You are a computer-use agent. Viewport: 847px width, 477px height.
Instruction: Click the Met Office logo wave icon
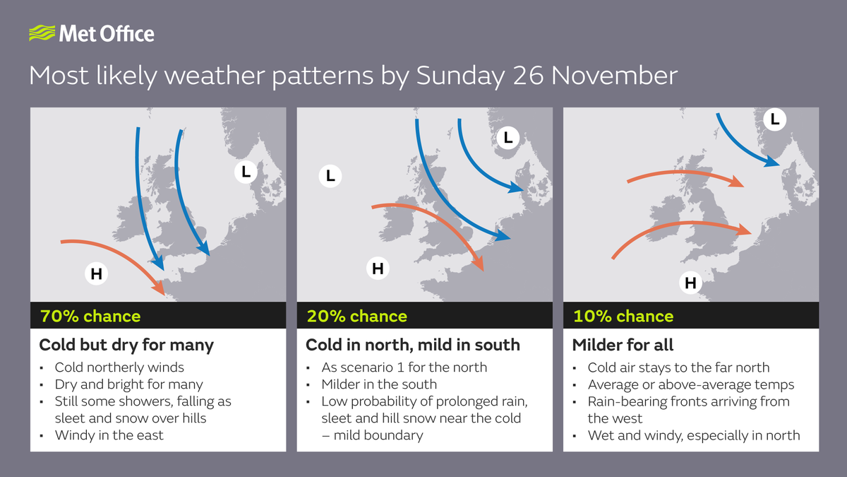[x=41, y=33]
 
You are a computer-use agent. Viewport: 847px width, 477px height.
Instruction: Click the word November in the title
[x=613, y=75]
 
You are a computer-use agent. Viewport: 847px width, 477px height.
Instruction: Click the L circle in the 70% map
[x=246, y=172]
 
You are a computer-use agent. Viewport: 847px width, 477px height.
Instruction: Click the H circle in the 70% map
[x=97, y=273]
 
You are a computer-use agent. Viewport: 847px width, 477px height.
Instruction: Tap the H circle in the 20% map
[x=378, y=268]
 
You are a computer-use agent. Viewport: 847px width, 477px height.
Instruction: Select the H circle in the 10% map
[x=690, y=283]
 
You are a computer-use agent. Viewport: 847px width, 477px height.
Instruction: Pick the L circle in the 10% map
[x=775, y=120]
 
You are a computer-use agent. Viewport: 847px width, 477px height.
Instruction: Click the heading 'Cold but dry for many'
[x=126, y=345]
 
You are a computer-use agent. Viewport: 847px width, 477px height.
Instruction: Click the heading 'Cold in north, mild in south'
[x=412, y=345]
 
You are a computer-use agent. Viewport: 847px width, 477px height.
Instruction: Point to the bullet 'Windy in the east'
[x=109, y=435]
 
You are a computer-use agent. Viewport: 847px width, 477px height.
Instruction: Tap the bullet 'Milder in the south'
[x=379, y=384]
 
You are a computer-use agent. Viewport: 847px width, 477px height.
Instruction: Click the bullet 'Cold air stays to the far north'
[x=678, y=367]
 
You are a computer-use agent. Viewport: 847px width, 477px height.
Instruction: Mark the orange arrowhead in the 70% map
[x=159, y=289]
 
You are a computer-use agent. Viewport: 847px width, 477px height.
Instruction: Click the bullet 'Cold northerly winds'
[x=119, y=367]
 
